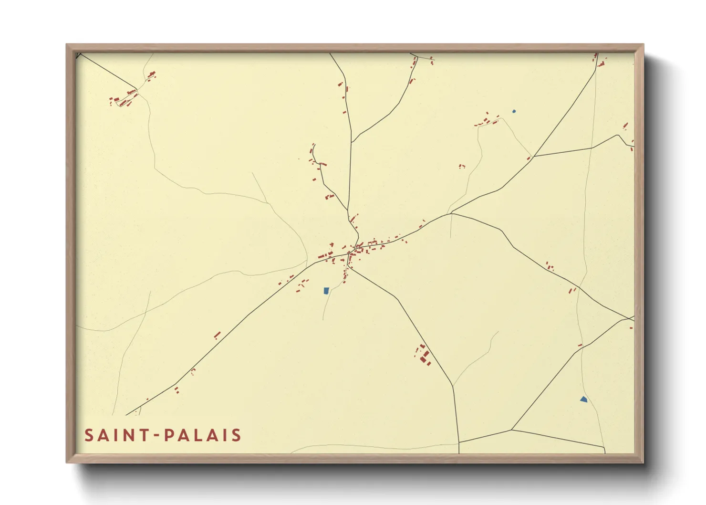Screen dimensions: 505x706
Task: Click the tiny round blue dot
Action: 514,111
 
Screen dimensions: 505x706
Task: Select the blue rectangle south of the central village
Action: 326,290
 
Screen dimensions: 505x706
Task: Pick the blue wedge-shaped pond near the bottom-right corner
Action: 583,399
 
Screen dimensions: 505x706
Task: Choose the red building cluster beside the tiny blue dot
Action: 488,120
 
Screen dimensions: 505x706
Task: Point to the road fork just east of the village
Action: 451,213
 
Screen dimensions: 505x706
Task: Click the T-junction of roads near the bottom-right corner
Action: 511,430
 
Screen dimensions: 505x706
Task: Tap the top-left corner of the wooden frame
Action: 67,45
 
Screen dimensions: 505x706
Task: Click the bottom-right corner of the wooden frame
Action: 643,463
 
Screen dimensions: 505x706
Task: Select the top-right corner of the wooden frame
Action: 643,45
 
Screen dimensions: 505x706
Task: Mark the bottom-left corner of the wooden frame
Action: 67,463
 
